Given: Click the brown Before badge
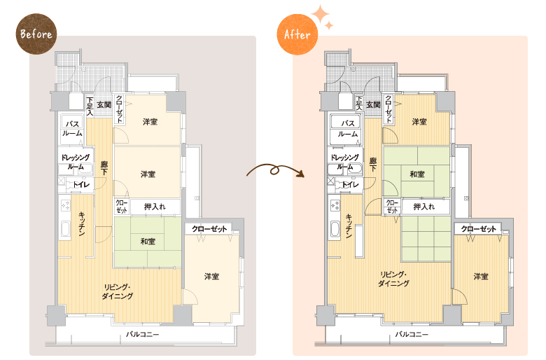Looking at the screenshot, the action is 36,34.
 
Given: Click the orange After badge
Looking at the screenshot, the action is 297,34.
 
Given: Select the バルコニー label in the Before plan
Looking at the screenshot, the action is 142,335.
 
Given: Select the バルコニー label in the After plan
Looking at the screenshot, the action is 412,335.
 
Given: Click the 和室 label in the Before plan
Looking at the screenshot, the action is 148,241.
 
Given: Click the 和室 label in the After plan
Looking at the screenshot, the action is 417,174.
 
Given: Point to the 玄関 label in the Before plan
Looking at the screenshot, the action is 104,104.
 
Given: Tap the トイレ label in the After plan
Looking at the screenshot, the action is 350,185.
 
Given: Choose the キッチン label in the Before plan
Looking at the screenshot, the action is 82,223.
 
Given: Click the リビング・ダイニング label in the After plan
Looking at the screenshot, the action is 393,279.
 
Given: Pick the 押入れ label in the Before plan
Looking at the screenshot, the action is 155,207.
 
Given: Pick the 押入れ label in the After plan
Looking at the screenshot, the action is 424,207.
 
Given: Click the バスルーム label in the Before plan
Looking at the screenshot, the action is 72,128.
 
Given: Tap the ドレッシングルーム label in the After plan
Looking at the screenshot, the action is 344,162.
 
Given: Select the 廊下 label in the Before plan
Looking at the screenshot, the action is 104,168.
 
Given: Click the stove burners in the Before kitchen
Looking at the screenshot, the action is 66,206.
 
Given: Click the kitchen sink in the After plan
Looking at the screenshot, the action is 335,229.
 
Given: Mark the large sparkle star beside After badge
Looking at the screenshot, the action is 320,14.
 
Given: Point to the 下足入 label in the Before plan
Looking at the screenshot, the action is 90,106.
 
